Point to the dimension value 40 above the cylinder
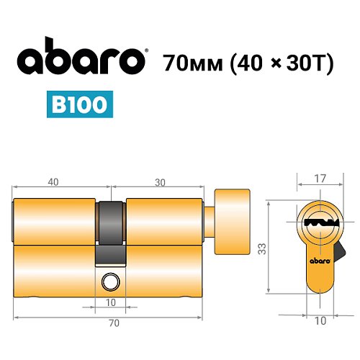53,182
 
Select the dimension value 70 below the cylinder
112,323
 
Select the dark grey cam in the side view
110,230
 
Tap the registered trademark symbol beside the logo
147,51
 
